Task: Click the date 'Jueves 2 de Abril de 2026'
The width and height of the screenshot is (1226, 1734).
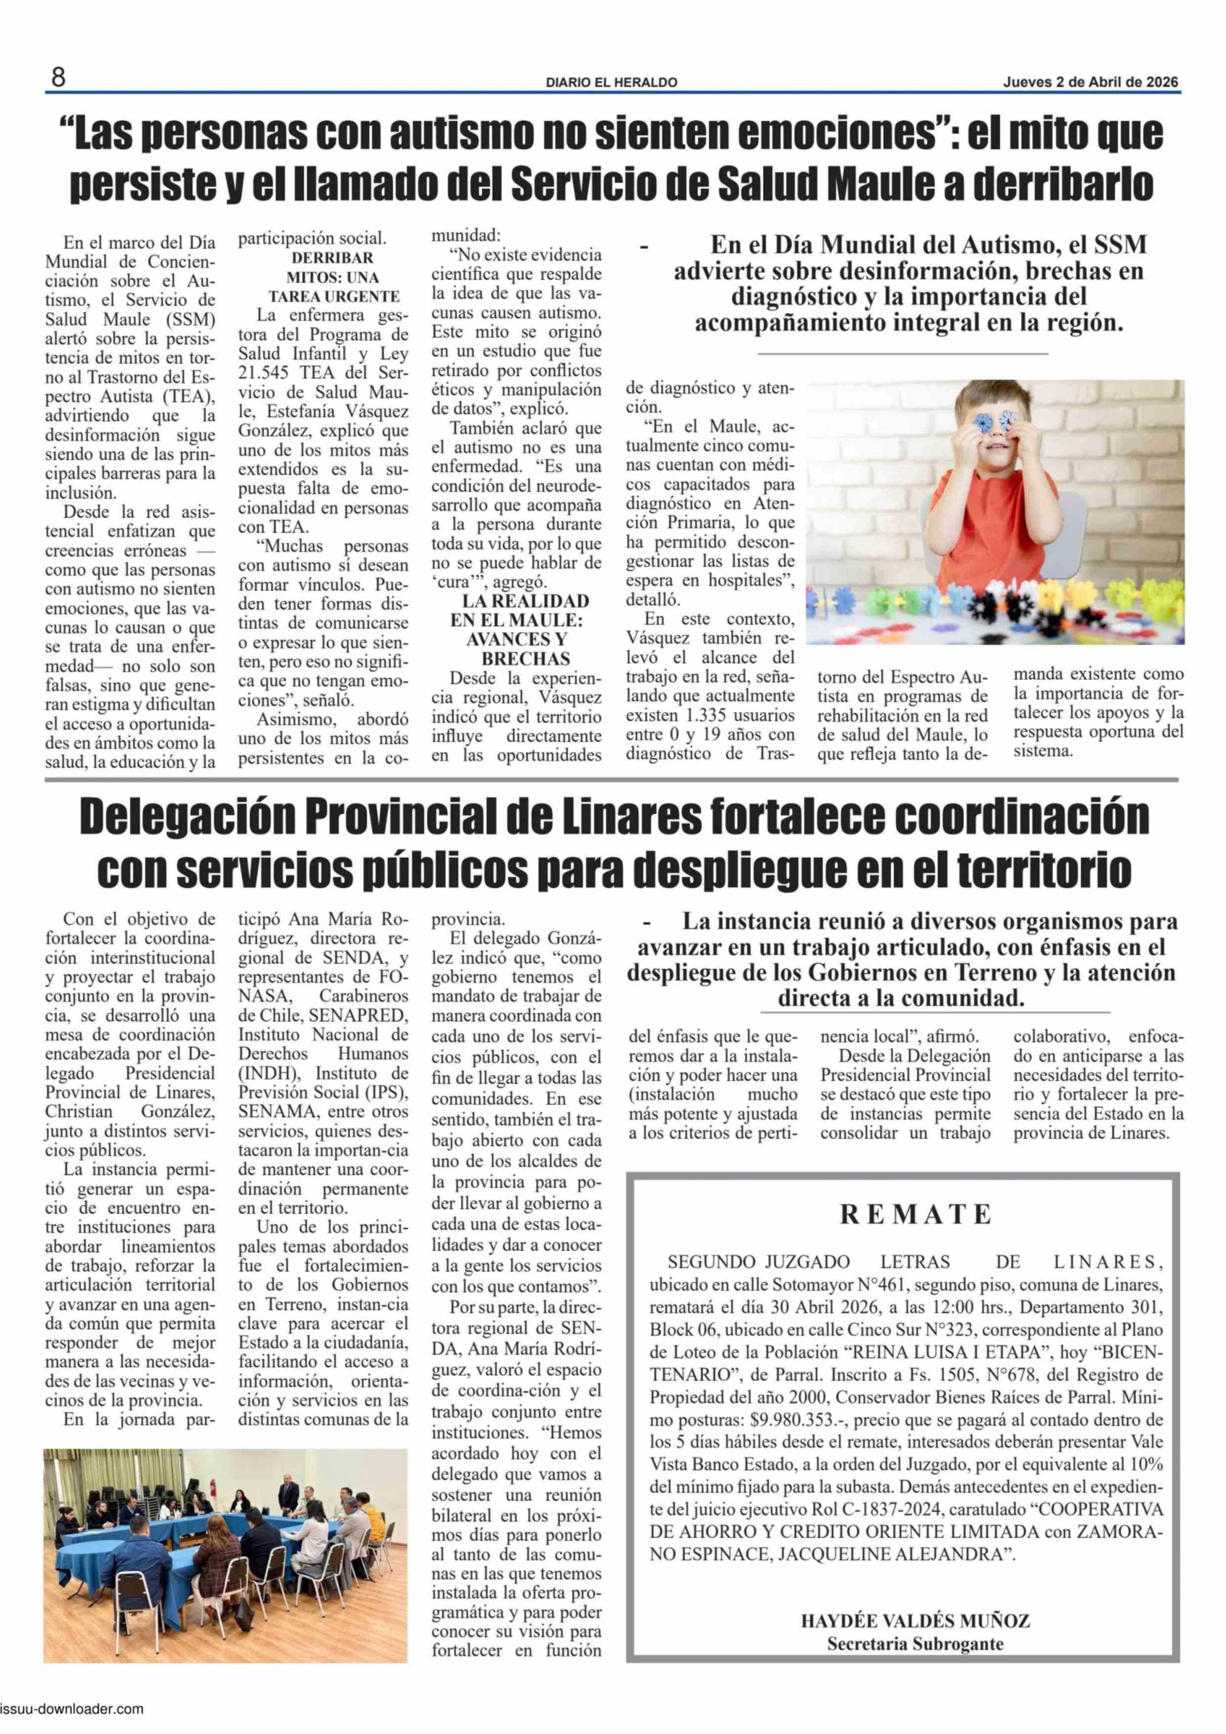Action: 1090,83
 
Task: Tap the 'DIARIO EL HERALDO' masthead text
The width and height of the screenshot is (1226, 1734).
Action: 612,83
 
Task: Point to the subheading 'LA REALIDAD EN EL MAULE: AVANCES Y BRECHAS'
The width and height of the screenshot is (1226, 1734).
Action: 526,629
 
